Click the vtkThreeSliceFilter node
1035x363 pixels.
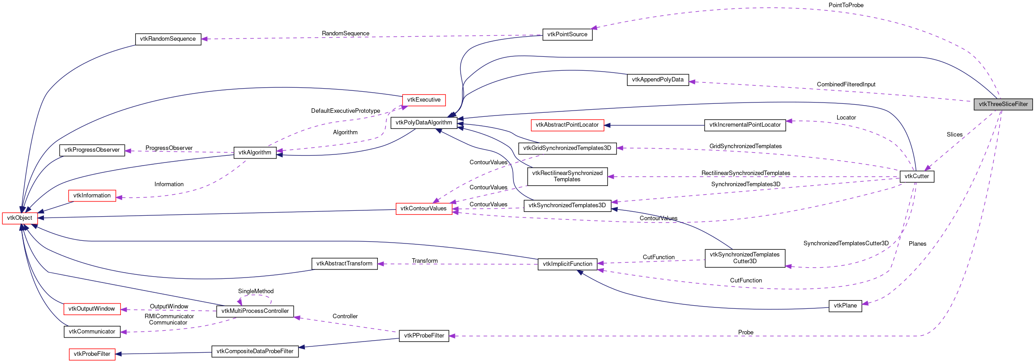tap(1003, 104)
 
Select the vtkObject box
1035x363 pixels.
tap(20, 218)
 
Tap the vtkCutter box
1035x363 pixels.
tap(916, 176)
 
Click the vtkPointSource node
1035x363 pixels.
tap(567, 34)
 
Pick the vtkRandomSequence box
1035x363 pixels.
tap(168, 39)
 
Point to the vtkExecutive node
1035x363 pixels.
tap(423, 100)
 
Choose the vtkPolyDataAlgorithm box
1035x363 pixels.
tap(423, 123)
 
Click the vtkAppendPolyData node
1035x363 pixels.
tap(658, 80)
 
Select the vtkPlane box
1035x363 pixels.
tap(845, 306)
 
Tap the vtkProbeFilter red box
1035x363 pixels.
tap(92, 354)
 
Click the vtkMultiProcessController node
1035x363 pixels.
tap(255, 311)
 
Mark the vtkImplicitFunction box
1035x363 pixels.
tap(567, 264)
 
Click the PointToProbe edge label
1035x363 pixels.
tap(846, 5)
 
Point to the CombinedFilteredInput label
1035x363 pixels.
tap(846, 85)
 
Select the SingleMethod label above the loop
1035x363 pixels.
tap(256, 291)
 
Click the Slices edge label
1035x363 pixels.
tap(954, 135)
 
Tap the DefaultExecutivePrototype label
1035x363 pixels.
tap(346, 111)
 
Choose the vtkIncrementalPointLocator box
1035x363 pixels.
tap(745, 125)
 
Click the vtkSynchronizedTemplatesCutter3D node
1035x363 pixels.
tap(744, 258)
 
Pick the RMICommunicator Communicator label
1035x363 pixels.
tap(169, 320)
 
